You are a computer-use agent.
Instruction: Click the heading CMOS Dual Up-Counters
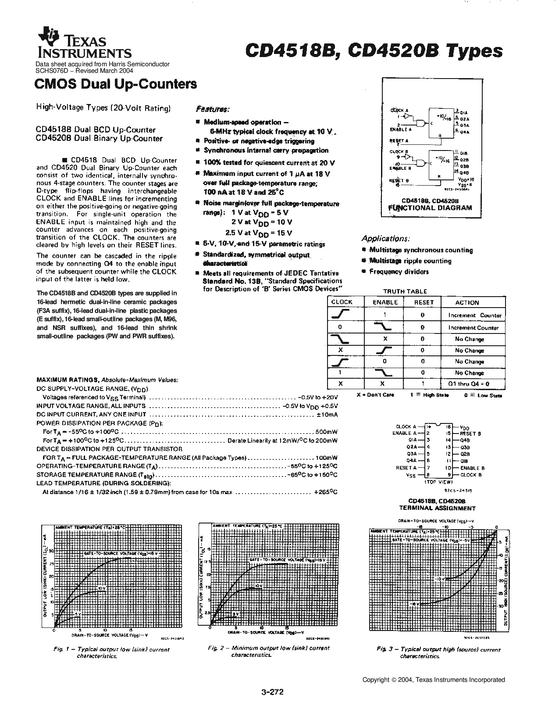click(115, 84)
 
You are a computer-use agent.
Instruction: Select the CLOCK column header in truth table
click(342, 302)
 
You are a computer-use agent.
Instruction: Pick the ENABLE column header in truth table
click(385, 302)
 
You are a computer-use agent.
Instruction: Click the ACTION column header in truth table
click(467, 303)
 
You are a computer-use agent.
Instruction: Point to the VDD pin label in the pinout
click(464, 427)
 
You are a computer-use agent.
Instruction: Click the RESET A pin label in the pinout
click(406, 468)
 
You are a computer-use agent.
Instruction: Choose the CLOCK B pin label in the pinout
click(471, 475)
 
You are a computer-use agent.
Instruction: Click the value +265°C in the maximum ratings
click(325, 492)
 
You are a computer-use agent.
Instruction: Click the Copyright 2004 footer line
click(433, 680)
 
